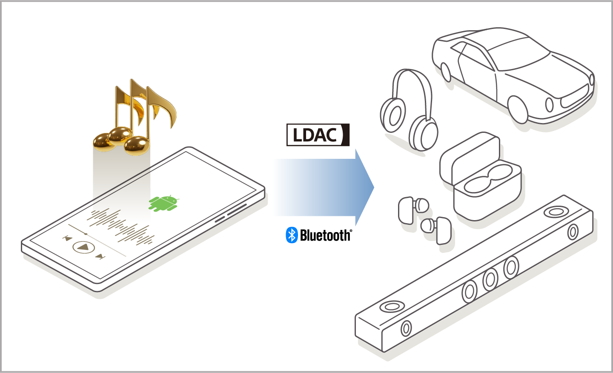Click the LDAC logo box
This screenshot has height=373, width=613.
coord(318,135)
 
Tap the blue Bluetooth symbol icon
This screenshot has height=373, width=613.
coord(292,235)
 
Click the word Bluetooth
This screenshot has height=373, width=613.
coord(325,235)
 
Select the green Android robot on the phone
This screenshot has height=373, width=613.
coord(163,203)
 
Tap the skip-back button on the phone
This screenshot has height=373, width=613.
coord(67,238)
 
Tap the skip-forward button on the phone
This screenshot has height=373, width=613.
coord(100,256)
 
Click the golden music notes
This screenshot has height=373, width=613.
coord(134,117)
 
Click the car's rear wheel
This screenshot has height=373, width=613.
coord(446,72)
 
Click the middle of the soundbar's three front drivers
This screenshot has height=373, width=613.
coord(490,279)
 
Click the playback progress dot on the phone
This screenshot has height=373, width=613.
coord(86,234)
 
